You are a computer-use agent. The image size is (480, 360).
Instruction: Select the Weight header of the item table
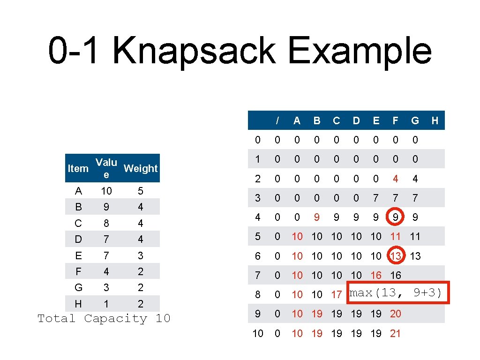point(141,168)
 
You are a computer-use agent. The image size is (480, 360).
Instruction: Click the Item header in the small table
point(78,168)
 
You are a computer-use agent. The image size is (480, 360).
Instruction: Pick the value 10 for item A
point(106,191)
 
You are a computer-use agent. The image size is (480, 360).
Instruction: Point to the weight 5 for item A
point(141,191)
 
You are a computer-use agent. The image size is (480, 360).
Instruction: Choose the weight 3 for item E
point(141,255)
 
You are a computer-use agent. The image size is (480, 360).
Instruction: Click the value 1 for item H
point(106,304)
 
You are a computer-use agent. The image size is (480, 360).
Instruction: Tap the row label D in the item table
point(78,240)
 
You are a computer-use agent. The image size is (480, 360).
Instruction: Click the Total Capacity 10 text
point(104,319)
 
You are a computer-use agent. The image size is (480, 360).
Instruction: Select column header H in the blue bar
point(435,120)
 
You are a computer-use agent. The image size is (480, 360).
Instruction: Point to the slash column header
point(277,120)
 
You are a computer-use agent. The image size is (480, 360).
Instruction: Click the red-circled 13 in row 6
point(396,255)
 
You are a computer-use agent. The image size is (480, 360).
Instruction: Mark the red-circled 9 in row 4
point(396,217)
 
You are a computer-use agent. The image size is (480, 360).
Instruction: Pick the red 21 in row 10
point(396,333)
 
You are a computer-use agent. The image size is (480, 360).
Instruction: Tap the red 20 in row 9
point(396,314)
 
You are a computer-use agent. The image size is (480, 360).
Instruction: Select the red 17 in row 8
point(337,295)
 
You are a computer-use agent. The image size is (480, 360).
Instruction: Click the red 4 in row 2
point(396,179)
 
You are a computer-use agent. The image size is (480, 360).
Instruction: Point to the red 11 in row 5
point(396,236)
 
